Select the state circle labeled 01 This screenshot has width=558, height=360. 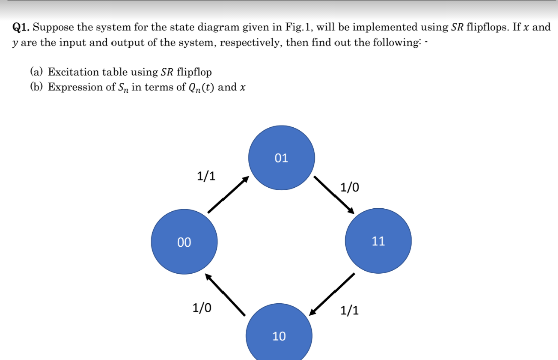tap(282, 158)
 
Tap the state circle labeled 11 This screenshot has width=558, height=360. tap(378, 241)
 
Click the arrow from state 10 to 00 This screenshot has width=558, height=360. tap(225, 295)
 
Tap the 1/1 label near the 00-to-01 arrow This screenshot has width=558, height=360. tap(206, 176)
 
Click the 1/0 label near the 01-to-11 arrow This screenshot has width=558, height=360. tap(350, 188)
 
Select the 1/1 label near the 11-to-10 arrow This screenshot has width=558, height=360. tap(349, 310)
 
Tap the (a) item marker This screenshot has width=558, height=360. tap(36, 72)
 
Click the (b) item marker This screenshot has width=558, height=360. tap(36, 87)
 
